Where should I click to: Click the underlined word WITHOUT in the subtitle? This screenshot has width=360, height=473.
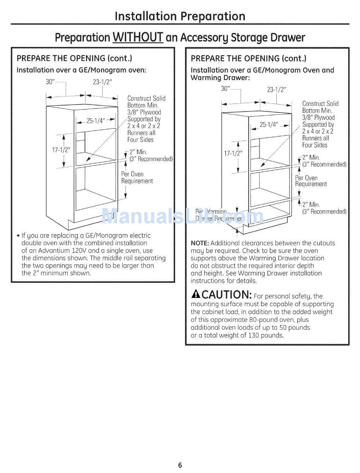(138, 37)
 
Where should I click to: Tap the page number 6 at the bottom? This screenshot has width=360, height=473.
(180, 465)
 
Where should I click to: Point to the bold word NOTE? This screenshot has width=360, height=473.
(200, 243)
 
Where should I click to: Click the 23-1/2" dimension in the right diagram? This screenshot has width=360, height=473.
(277, 90)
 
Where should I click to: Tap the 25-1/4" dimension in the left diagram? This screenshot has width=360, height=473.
(94, 121)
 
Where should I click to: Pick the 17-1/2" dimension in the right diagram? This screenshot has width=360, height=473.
(233, 153)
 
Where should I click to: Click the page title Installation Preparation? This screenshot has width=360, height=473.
(180, 16)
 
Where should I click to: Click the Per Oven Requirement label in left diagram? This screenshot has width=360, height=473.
(137, 178)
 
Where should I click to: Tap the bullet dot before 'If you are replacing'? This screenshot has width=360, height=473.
(18, 236)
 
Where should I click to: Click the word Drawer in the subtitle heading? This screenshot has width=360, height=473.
(286, 37)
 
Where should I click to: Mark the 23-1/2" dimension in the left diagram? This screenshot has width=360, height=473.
(102, 82)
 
